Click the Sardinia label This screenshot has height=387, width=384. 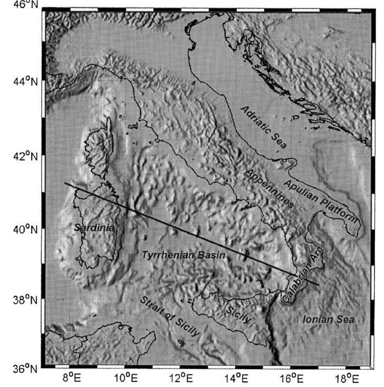click(95, 228)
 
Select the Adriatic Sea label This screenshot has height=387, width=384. click(263, 127)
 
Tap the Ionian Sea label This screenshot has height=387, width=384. click(328, 320)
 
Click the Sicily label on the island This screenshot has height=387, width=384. click(238, 314)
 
